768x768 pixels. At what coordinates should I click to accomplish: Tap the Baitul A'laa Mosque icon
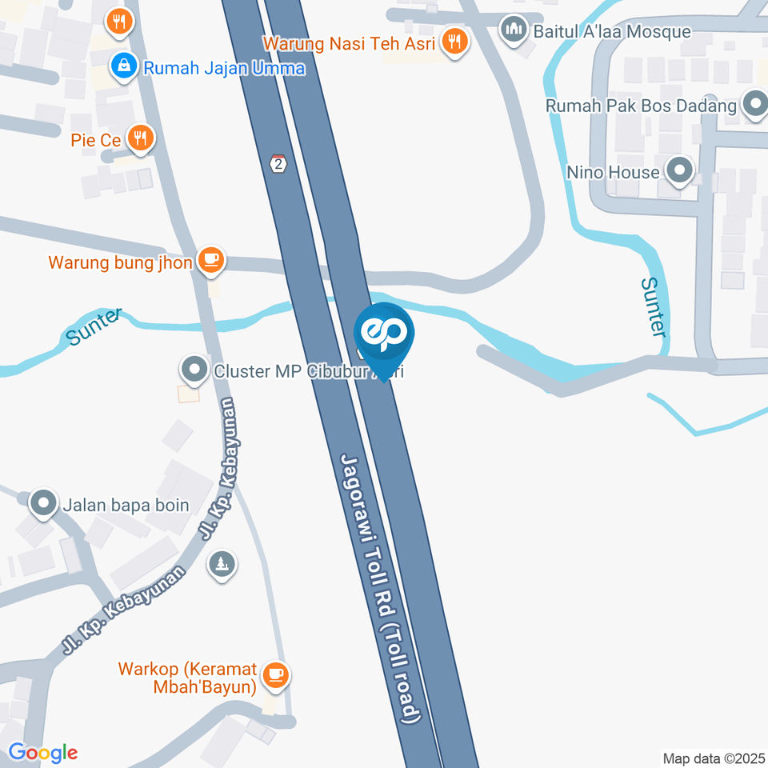tap(512, 30)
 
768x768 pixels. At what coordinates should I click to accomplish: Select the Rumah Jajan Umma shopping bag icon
tap(123, 67)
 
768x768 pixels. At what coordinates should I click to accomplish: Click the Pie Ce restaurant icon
tap(140, 138)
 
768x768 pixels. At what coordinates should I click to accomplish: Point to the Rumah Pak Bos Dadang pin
tap(754, 104)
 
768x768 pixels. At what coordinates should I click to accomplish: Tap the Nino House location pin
tap(679, 170)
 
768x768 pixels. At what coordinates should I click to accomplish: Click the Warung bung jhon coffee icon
tap(210, 259)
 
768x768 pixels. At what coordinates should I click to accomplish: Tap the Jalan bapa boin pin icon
tap(42, 504)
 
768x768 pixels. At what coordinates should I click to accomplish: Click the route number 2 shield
tap(278, 163)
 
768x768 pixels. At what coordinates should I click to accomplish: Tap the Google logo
tap(42, 752)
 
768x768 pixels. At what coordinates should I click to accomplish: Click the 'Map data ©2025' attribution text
tap(713, 758)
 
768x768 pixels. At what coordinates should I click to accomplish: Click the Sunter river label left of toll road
tap(95, 326)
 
